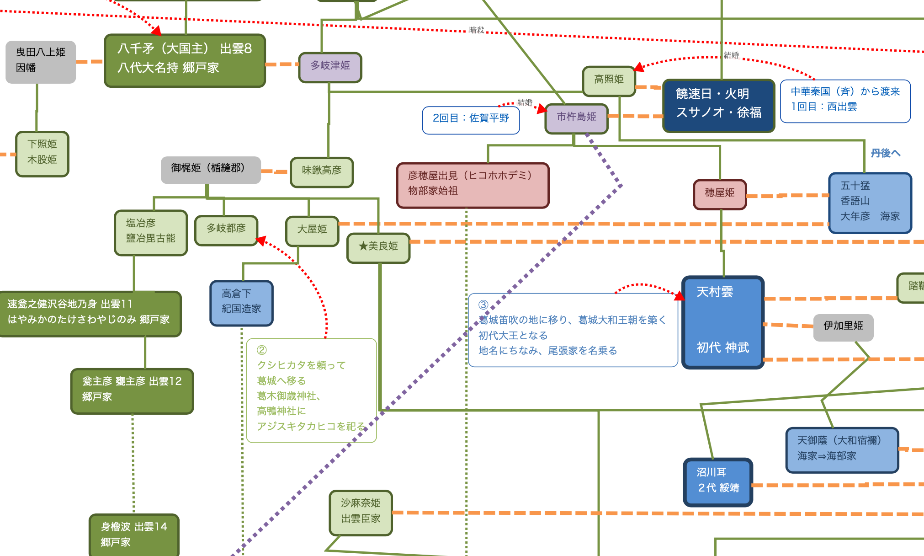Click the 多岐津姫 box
click(x=330, y=67)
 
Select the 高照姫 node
click(x=609, y=80)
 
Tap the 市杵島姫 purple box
click(x=576, y=118)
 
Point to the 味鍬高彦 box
click(x=322, y=171)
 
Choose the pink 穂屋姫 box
click(x=719, y=194)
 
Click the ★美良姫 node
click(x=378, y=247)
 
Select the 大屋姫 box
click(x=312, y=230)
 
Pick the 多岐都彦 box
click(x=226, y=230)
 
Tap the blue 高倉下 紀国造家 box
click(x=241, y=302)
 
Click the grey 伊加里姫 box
click(x=843, y=326)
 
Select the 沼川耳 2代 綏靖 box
click(x=717, y=481)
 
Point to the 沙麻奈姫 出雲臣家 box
click(x=361, y=512)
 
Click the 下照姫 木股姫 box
click(x=42, y=153)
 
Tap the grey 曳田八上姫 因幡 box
click(x=41, y=61)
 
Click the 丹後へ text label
click(x=885, y=154)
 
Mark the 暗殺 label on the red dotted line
click(x=477, y=31)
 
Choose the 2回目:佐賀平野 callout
click(x=471, y=119)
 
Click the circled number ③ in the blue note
click(x=483, y=305)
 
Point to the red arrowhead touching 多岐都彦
click(x=260, y=240)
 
